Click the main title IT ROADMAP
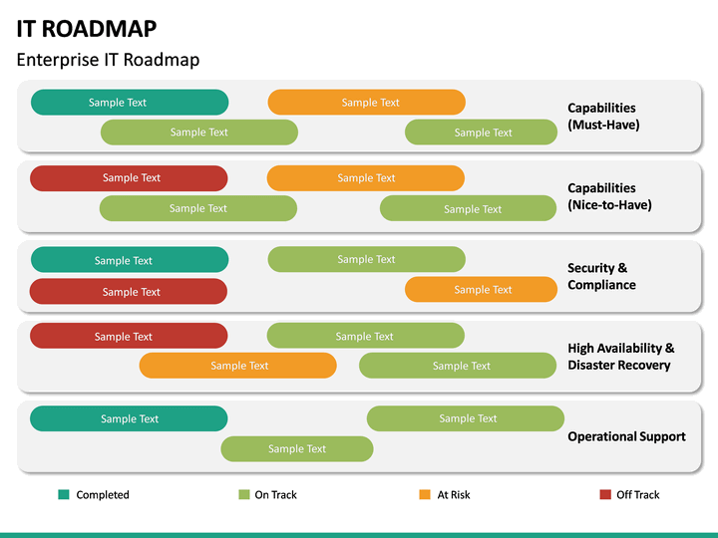tap(87, 27)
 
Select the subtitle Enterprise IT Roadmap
tap(108, 60)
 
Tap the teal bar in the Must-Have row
tap(130, 103)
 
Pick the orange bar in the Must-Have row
tap(366, 103)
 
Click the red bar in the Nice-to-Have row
tap(129, 178)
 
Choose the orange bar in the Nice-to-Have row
tap(365, 178)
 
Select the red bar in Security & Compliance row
tap(129, 292)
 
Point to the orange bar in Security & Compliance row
tap(481, 290)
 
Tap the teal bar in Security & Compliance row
tap(130, 260)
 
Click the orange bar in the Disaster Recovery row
tap(237, 366)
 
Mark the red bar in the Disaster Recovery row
tap(129, 337)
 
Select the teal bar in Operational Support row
tap(129, 419)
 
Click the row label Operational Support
tap(626, 436)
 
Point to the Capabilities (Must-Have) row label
tap(603, 117)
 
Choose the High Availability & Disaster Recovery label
tap(620, 357)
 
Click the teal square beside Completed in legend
tap(64, 494)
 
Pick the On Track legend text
tap(275, 495)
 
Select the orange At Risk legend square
tap(425, 494)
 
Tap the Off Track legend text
tap(637, 495)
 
